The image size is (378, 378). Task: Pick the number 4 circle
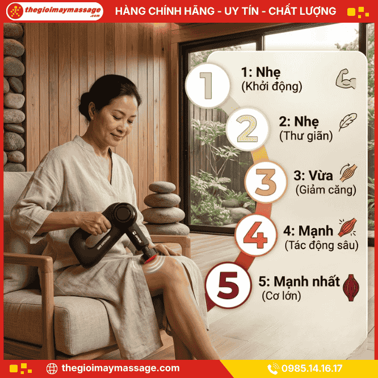pos(255,234)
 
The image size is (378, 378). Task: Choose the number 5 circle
pos(228,286)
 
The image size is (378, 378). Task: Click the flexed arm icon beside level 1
pos(345,79)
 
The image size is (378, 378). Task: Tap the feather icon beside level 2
pos(347,122)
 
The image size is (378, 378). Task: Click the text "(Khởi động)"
pos(271,87)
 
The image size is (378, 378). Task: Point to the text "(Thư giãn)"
pos(305,136)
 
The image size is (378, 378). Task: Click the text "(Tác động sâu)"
pos(321,245)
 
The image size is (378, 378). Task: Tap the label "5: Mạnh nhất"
pos(299,282)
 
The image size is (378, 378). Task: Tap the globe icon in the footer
pos(52,368)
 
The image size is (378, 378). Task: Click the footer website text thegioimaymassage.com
pos(120,368)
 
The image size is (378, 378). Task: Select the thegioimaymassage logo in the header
pos(54,11)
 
